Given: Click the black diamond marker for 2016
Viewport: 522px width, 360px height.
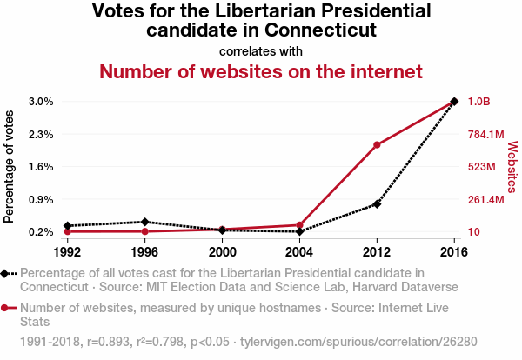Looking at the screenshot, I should [x=454, y=102].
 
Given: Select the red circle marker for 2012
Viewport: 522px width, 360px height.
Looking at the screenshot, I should [x=377, y=144].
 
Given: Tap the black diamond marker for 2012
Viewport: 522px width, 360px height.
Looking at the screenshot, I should [x=377, y=204].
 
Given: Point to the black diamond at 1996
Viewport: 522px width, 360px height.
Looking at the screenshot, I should [x=144, y=222].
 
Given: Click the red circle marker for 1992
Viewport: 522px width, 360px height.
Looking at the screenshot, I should [x=67, y=231].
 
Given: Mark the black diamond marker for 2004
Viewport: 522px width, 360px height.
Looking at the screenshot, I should [x=299, y=231].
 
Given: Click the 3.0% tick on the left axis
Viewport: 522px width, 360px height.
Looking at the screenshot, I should [x=41, y=102].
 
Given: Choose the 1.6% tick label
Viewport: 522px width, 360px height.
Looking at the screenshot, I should [x=41, y=167].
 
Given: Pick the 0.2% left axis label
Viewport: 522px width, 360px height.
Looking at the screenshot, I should [x=41, y=232].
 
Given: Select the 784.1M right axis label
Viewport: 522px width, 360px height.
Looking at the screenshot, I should [x=485, y=134].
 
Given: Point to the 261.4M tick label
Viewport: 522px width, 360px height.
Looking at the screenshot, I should [x=485, y=200].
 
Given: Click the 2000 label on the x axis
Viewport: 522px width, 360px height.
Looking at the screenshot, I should [x=222, y=251].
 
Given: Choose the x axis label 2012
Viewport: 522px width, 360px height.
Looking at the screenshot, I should [x=377, y=251].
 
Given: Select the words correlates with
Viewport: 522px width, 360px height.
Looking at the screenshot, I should [x=261, y=50].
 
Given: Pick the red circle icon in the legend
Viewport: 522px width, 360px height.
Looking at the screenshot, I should [x=6, y=307].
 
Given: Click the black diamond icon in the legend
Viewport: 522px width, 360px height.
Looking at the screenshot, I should [x=6, y=274].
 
